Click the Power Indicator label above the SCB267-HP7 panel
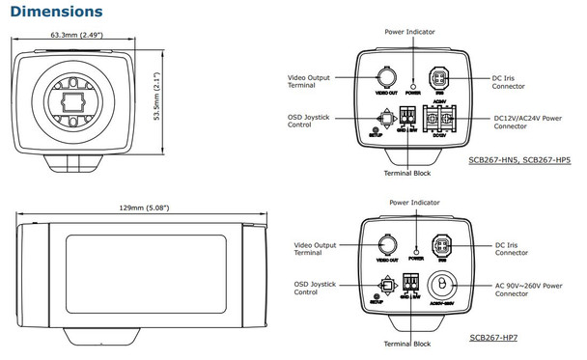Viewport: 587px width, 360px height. tap(413, 204)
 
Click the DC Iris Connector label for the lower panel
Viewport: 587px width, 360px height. tap(517, 250)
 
